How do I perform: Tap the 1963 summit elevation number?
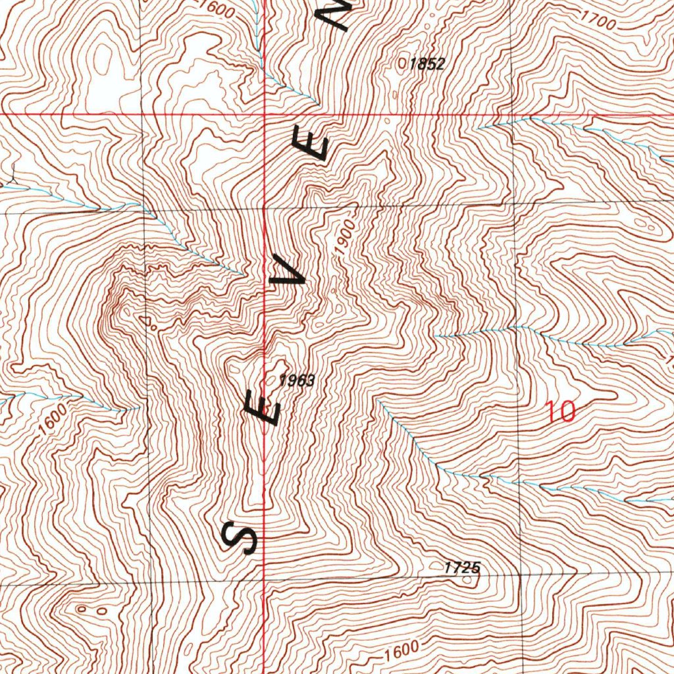point(298,380)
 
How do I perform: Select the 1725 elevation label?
point(462,567)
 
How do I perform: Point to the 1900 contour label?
point(347,236)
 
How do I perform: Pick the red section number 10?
point(561,412)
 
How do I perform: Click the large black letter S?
point(240,536)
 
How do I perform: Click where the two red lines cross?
point(265,114)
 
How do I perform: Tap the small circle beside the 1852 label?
point(403,63)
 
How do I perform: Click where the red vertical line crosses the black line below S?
point(265,581)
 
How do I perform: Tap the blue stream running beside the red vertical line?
point(258,39)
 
